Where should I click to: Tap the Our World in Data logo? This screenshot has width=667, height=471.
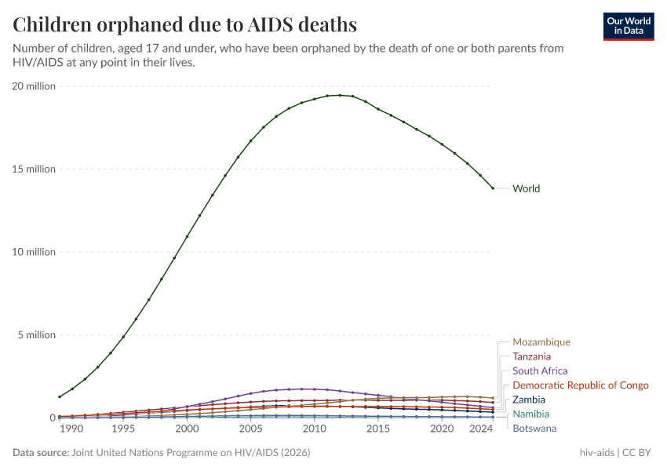629,26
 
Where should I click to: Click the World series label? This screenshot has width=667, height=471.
526,188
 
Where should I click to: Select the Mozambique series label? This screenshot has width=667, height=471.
541,342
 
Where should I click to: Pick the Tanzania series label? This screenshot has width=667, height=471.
531,356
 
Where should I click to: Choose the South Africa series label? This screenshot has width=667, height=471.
540,371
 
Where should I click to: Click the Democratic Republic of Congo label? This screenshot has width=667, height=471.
580,385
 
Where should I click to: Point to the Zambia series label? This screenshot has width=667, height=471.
528,400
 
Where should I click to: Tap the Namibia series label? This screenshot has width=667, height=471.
530,414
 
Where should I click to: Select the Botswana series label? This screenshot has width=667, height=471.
534,428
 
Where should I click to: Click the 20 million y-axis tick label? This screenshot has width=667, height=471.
34,86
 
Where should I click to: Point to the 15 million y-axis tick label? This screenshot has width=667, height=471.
34,169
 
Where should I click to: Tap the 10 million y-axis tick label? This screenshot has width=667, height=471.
34,252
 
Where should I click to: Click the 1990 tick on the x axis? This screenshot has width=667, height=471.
71,429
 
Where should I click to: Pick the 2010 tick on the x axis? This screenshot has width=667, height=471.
315,429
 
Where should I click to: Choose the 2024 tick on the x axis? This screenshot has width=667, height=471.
480,429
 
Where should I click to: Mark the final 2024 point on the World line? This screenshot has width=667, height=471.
493,188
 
